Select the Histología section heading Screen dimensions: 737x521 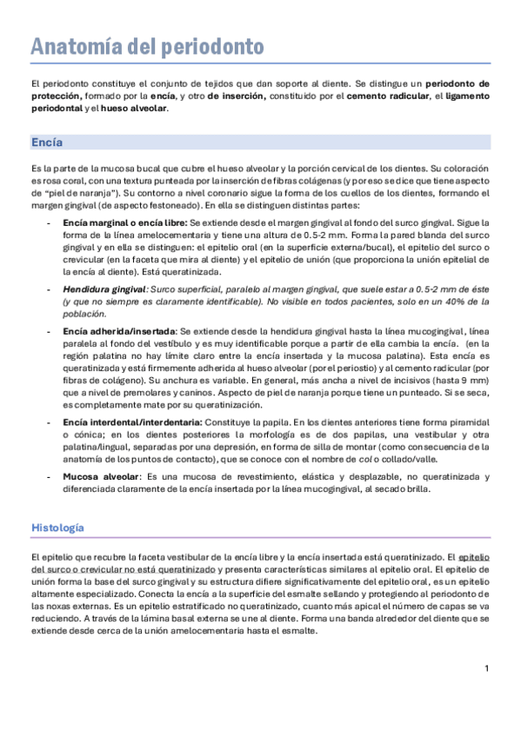[57, 528]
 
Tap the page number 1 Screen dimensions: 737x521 [487, 667]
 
